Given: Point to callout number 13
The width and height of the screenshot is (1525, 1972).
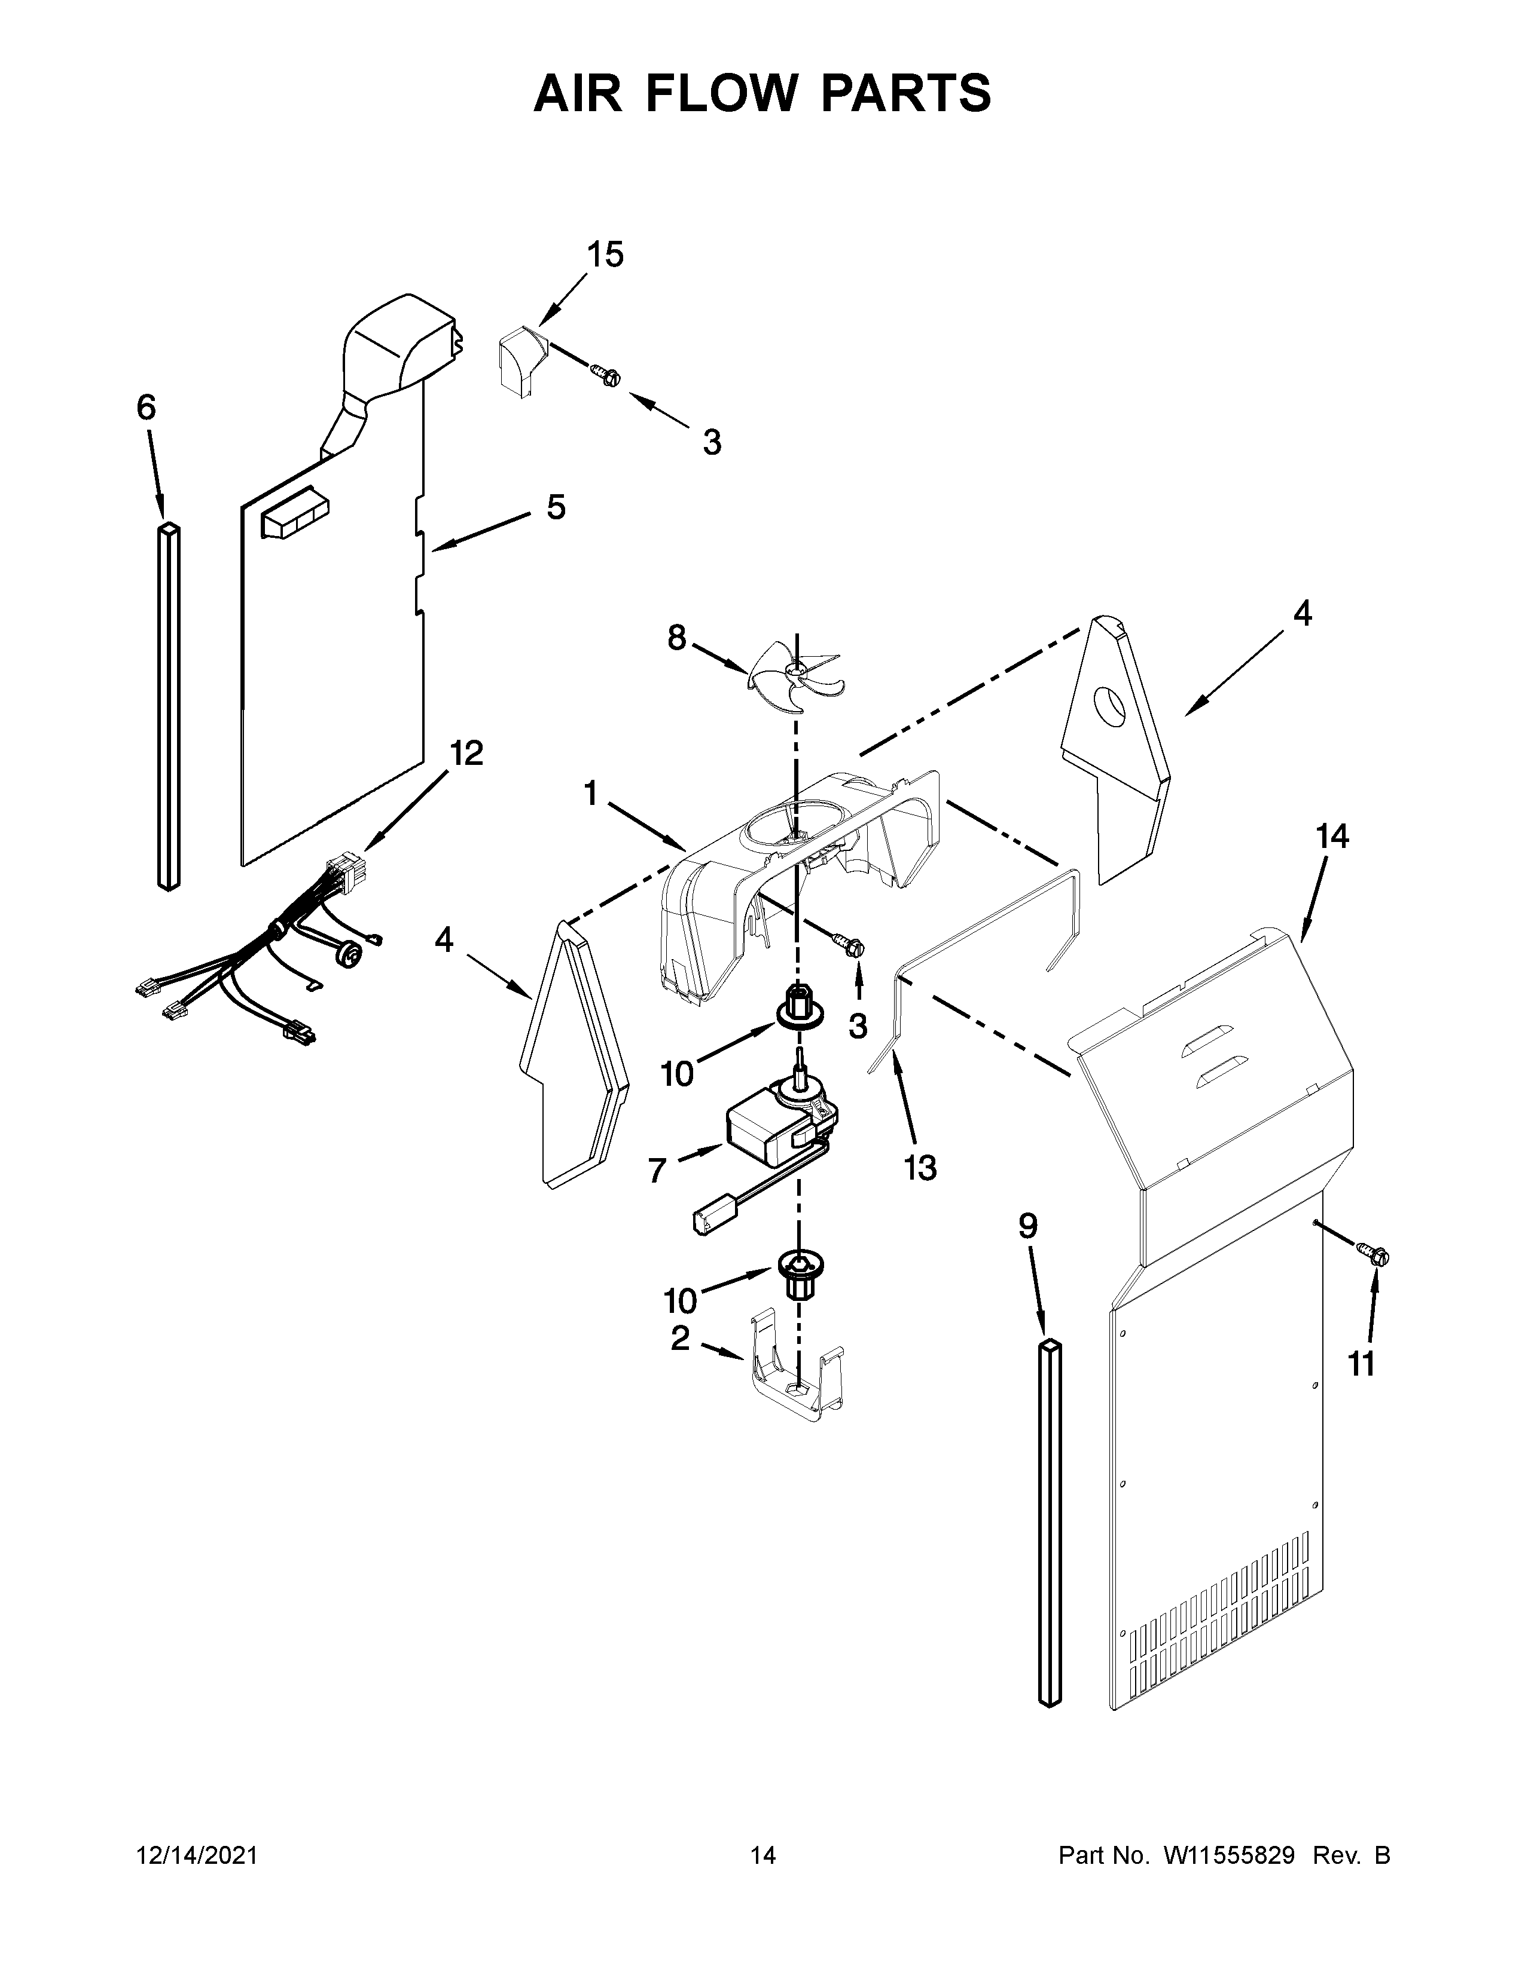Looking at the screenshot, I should pos(920,1168).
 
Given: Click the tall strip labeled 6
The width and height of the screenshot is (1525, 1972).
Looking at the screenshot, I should pos(169,705).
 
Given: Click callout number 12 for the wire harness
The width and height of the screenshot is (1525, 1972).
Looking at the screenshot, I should pos(466,752).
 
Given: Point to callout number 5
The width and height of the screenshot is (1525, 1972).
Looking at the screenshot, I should pos(556,507).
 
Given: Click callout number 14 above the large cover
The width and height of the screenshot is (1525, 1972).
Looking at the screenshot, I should pos(1332,837).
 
